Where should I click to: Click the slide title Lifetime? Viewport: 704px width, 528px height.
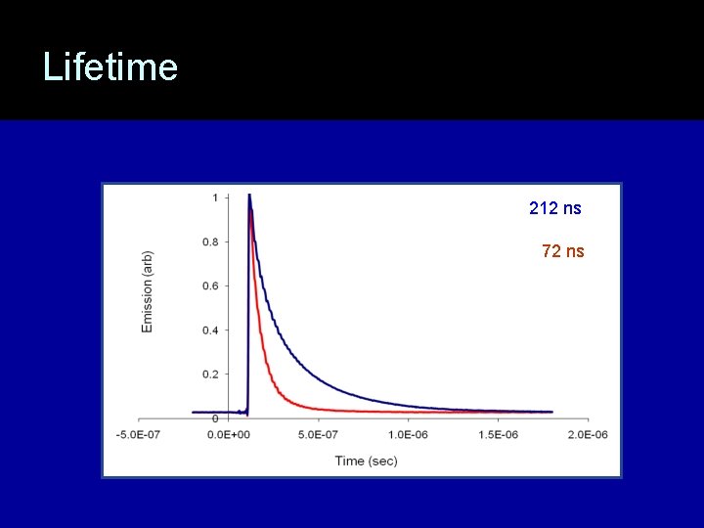[110, 67]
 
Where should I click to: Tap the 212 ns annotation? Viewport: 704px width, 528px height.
[555, 208]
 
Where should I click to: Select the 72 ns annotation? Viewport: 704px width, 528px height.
[563, 251]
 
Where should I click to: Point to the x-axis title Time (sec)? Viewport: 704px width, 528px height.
[367, 461]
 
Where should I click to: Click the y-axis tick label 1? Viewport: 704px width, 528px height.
[215, 198]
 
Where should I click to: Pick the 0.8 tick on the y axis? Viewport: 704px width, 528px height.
[209, 242]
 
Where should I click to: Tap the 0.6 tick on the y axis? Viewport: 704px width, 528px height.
[209, 286]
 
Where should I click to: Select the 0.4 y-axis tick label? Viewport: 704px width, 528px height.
[209, 330]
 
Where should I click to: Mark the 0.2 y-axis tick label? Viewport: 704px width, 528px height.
[209, 374]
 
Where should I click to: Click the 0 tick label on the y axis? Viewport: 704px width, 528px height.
[215, 418]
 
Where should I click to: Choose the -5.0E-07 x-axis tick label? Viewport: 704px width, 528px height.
[140, 434]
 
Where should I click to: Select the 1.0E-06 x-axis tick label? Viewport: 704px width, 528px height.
[408, 434]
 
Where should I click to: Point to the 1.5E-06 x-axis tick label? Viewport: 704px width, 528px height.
[497, 434]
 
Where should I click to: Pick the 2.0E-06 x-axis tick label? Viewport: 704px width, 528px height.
[586, 434]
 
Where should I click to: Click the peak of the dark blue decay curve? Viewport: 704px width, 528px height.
[250, 196]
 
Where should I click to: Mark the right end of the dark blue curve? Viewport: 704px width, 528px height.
[551, 412]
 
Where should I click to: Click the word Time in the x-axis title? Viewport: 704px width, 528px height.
[350, 461]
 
